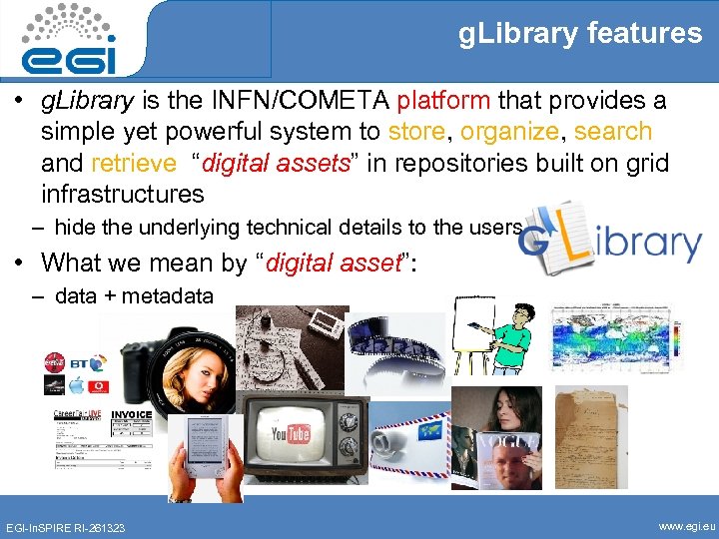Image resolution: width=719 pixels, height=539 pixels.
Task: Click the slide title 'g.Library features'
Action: [x=579, y=34]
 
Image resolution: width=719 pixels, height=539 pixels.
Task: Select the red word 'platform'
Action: [x=443, y=101]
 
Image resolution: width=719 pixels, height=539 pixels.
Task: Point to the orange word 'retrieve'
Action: [x=133, y=163]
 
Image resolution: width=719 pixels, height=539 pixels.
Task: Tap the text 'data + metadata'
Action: [x=134, y=295]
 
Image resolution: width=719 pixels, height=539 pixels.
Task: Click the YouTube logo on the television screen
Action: [x=291, y=433]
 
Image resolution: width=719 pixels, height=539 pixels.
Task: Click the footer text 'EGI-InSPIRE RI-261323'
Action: [x=66, y=526]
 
